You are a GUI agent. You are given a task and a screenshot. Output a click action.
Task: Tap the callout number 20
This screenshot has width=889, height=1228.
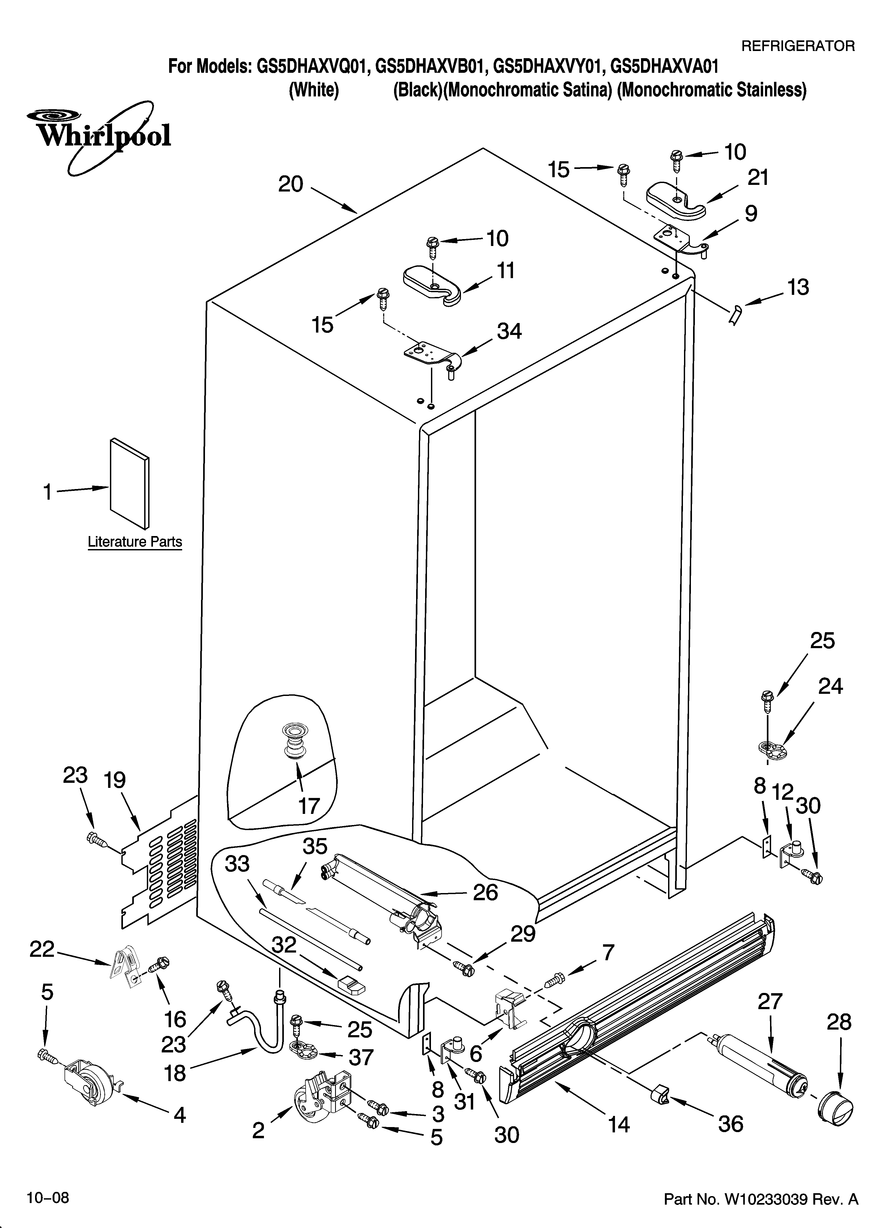coord(291,185)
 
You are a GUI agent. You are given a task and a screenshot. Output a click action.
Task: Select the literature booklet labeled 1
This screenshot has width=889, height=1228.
coord(129,482)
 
